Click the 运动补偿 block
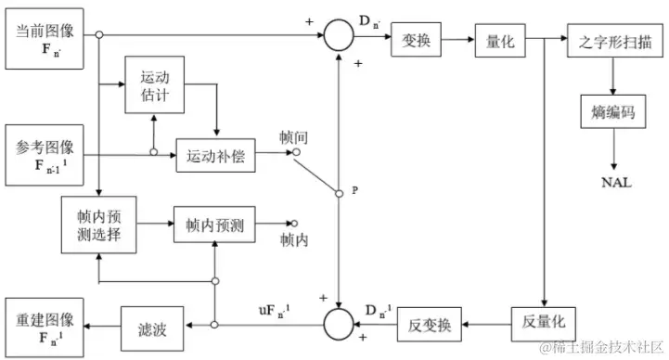pyautogui.click(x=215, y=154)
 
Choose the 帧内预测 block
pyautogui.click(x=213, y=225)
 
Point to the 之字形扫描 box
pyautogui.click(x=613, y=41)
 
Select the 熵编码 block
pyautogui.click(x=612, y=111)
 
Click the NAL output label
pyautogui.click(x=613, y=183)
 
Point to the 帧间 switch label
pyautogui.click(x=293, y=137)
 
